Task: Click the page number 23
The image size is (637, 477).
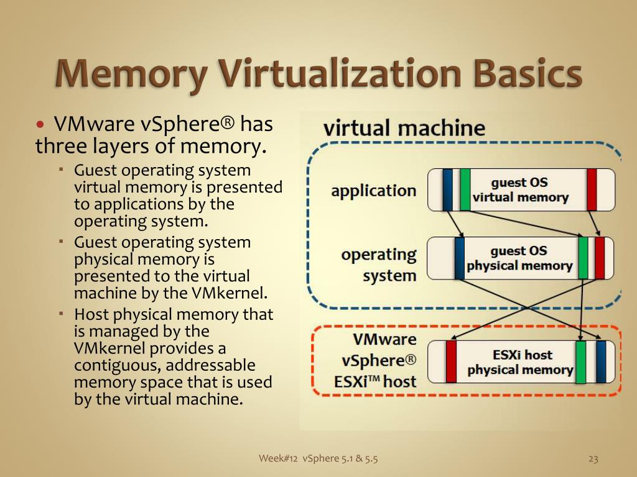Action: point(593,459)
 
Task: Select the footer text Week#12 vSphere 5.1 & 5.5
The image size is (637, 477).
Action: point(318,459)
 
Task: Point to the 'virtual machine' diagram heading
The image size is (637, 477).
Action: point(404,129)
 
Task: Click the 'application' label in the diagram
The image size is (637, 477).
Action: point(373,191)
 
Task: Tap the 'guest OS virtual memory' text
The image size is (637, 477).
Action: point(520,190)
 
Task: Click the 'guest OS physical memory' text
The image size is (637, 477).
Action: point(519,258)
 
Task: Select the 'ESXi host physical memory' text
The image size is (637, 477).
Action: point(520,362)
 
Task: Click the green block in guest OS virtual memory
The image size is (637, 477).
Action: point(465,189)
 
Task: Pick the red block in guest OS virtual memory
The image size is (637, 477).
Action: point(592,189)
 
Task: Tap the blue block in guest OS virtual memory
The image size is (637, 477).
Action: point(447,189)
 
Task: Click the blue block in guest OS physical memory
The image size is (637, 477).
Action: point(460,258)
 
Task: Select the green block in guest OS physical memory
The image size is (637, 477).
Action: point(583,258)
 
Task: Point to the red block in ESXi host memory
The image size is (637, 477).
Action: point(451,361)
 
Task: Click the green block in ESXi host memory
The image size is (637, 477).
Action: point(580,362)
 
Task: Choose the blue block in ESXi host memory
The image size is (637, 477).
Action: point(600,361)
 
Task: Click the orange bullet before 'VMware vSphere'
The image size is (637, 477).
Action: point(41,125)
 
